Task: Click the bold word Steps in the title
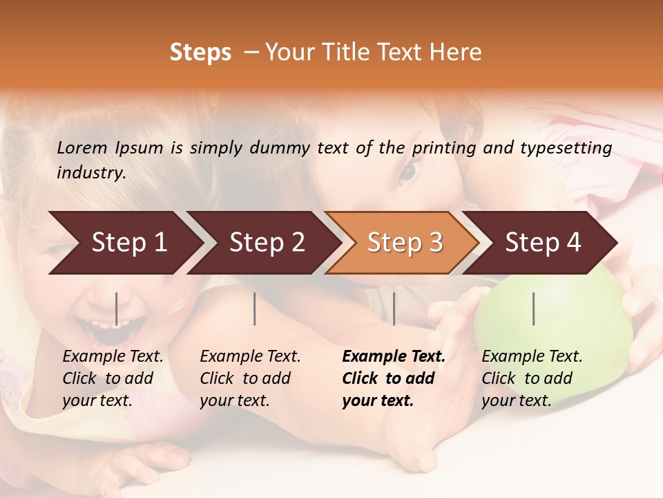click(200, 53)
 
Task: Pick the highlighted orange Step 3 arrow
click(405, 243)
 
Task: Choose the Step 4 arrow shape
click(543, 243)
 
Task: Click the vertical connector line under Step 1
click(117, 308)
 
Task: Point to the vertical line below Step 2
click(255, 308)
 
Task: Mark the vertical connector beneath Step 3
click(394, 308)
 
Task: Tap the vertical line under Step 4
click(534, 308)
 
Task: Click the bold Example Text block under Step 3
click(393, 378)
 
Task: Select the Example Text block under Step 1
click(113, 378)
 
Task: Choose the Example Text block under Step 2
click(250, 378)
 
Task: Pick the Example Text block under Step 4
click(532, 378)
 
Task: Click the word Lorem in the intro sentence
click(81, 147)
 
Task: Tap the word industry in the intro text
click(90, 172)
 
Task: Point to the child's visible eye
click(407, 170)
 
